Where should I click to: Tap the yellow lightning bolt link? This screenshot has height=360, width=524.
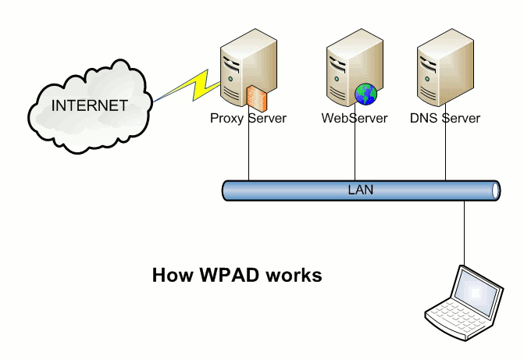[x=191, y=85]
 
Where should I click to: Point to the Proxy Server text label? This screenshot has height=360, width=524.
[x=248, y=119]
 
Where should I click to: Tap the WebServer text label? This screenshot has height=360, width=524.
[x=354, y=119]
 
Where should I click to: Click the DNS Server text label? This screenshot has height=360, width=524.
[x=445, y=119]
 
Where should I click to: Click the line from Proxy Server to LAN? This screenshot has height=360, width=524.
[x=248, y=152]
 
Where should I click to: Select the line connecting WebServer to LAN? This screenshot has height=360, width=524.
[x=355, y=152]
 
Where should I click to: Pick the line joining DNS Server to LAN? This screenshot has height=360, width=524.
[x=446, y=152]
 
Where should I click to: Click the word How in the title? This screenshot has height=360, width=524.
[x=169, y=276]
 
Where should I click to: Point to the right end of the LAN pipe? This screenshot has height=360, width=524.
[x=495, y=190]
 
